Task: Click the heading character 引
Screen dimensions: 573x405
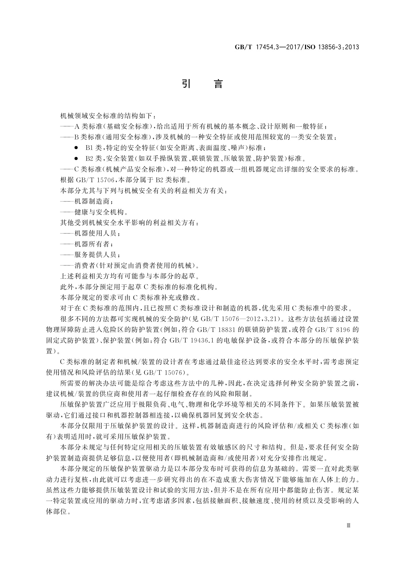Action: (x=186, y=84)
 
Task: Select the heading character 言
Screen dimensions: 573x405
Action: (x=218, y=84)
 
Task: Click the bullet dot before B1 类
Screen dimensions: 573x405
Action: (x=76, y=148)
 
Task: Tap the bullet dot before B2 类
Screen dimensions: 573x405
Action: (x=76, y=158)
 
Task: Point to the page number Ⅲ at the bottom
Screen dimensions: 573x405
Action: (x=348, y=525)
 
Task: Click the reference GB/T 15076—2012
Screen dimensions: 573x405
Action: (x=236, y=319)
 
